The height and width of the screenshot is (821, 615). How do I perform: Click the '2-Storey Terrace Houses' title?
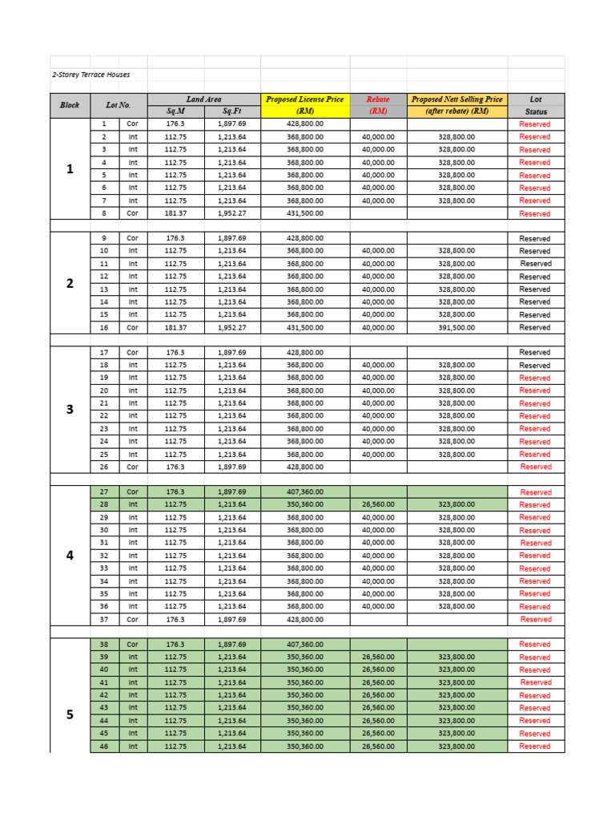coord(90,75)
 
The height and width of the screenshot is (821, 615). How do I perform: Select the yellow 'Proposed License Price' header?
coord(305,99)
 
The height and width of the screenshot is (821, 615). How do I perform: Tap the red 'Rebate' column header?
coord(378,99)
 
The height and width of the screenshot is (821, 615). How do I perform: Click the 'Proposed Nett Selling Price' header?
coord(457,99)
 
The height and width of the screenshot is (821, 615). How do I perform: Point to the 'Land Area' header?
coord(204,99)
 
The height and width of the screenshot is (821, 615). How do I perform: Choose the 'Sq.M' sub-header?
coord(175,111)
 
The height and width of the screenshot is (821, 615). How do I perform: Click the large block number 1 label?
coord(70,168)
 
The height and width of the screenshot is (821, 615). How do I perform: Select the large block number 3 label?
coord(70,409)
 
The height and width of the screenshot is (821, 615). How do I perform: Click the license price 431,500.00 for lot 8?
coord(305,213)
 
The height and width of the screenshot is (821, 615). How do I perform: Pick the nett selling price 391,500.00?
coord(456,327)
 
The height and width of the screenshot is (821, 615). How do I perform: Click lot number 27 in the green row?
coord(104,491)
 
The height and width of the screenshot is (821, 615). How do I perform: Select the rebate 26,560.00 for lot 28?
coord(378,504)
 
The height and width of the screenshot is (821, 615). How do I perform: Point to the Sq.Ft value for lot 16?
coord(232,327)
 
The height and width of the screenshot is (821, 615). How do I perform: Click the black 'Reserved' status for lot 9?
coord(535,239)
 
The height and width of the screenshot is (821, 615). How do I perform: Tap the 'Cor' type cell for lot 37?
coord(133,619)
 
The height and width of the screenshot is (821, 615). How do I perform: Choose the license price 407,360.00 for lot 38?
coord(305,644)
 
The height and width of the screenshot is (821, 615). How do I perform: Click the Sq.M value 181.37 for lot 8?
coord(175,213)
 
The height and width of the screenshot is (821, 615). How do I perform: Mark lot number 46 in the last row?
coord(104,746)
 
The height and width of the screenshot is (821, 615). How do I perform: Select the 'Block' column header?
coord(70,105)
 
